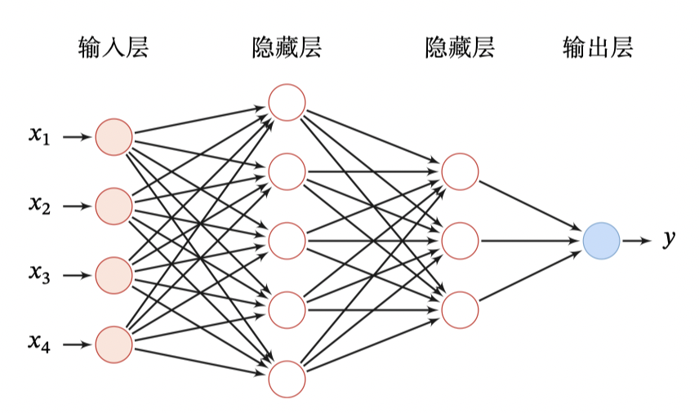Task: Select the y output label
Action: (x=669, y=240)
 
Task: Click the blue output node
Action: (x=602, y=241)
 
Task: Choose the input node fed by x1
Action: (x=114, y=137)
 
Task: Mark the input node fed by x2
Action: (x=114, y=206)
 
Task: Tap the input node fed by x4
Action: (x=114, y=344)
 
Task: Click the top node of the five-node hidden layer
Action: (x=287, y=103)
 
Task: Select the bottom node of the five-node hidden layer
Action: (x=287, y=379)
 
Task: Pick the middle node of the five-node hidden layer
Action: (x=287, y=241)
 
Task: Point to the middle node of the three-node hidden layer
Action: (x=460, y=241)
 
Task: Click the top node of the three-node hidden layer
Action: (x=460, y=171)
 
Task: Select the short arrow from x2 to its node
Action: (x=77, y=206)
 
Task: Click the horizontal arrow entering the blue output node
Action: (x=531, y=241)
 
